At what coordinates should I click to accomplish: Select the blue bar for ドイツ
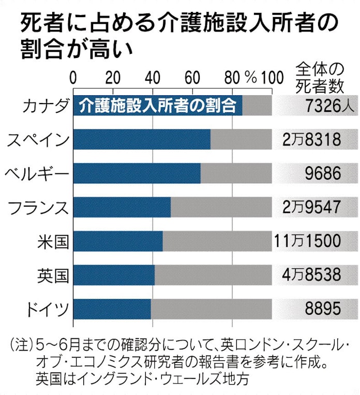point(112,310)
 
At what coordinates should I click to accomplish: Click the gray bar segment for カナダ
point(257,106)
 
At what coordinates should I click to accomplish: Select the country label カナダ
point(46,107)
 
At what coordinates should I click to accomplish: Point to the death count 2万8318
point(312,140)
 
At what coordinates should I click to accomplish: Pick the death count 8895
point(323,310)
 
